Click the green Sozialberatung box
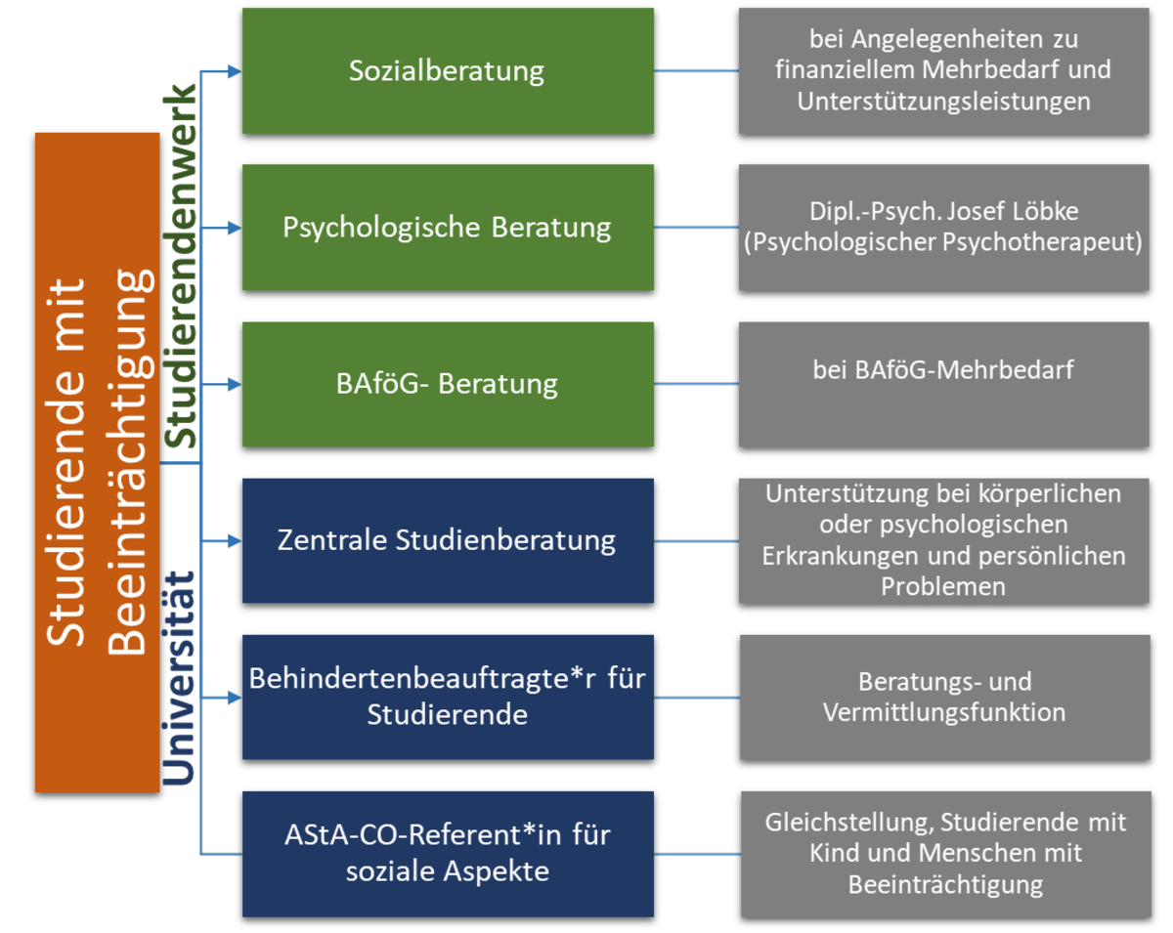coord(448,71)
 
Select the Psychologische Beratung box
coord(448,228)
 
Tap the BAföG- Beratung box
coord(448,384)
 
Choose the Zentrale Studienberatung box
coord(448,540)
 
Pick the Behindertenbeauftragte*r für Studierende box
coord(448,697)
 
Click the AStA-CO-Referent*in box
coord(448,854)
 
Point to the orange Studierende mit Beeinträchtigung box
coord(97,462)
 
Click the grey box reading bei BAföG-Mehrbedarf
coord(943,384)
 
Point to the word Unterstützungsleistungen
coord(943,102)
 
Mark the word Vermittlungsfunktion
coord(944,712)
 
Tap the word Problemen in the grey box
coord(943,587)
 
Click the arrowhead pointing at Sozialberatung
coord(233,71)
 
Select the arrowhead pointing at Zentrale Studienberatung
coord(233,540)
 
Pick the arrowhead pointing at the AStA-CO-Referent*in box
coord(233,854)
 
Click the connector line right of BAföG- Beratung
coord(696,384)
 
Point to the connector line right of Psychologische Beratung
coord(696,228)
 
